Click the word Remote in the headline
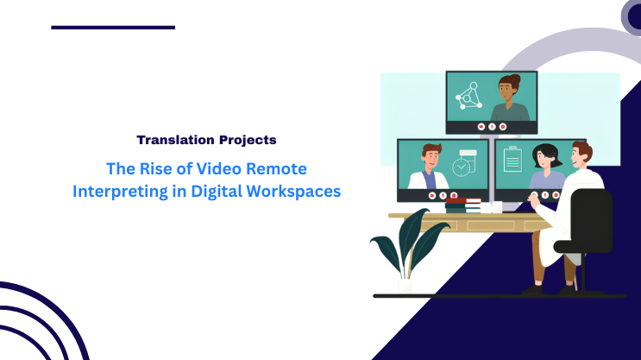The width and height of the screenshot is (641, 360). pos(278,168)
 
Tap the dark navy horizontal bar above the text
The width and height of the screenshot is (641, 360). pos(113,28)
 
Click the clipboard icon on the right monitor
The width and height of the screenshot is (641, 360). pos(513,161)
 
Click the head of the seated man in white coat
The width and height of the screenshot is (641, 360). pos(581,156)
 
